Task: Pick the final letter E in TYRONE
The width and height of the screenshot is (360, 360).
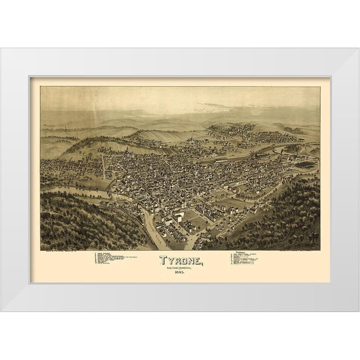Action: click(x=198, y=260)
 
